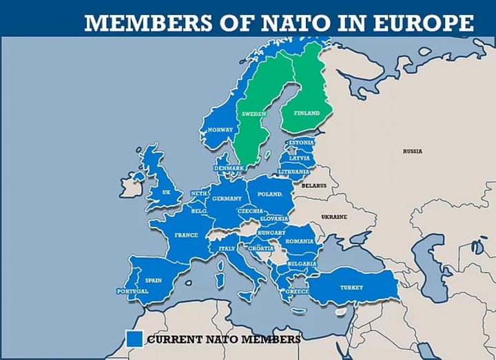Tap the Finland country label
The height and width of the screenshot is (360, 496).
[x=307, y=113]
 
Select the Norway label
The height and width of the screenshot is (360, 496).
[x=220, y=129]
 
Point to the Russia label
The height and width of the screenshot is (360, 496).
[x=413, y=151]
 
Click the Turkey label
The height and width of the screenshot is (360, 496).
[x=351, y=287]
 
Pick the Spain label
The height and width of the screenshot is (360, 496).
[x=153, y=280]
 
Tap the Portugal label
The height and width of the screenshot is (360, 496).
[x=132, y=291]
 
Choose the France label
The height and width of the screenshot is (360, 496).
[x=186, y=235]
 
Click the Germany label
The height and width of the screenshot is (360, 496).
[x=227, y=198]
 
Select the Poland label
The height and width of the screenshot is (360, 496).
[x=271, y=194]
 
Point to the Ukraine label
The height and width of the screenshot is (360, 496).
[x=334, y=217]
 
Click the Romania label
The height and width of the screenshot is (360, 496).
[x=300, y=242]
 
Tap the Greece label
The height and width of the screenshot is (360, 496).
[x=298, y=291]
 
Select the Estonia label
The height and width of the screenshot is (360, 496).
[x=301, y=142]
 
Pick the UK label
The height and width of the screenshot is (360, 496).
[x=165, y=193]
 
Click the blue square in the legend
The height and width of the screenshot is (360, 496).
[x=134, y=339]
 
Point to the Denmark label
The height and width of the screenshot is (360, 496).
[x=229, y=168]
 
